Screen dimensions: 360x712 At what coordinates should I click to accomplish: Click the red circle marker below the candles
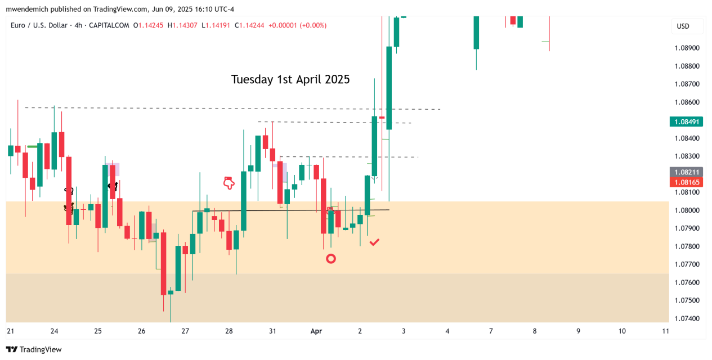click(x=331, y=259)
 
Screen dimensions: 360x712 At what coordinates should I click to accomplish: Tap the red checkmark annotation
click(x=374, y=242)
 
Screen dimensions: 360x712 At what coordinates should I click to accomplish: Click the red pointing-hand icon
click(x=229, y=182)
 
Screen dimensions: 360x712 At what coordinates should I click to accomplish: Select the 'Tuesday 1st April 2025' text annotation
click(x=290, y=79)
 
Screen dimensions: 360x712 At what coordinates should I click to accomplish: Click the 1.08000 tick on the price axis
click(x=687, y=210)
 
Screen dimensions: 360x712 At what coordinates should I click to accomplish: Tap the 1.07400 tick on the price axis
click(x=687, y=318)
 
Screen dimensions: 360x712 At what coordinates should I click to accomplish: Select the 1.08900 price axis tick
click(x=687, y=48)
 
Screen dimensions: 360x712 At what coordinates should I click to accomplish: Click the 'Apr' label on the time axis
click(x=316, y=331)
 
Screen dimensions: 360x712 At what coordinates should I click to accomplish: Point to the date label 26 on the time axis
click(x=141, y=331)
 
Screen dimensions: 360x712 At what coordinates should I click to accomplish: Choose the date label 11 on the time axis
click(x=666, y=331)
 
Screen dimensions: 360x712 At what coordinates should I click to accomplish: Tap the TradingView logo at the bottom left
click(x=34, y=349)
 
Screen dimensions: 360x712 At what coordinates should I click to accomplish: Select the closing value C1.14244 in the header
click(x=249, y=25)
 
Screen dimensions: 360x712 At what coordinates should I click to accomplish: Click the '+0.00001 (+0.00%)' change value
click(x=297, y=25)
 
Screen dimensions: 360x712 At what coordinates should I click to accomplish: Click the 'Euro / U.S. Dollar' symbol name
click(x=38, y=25)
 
